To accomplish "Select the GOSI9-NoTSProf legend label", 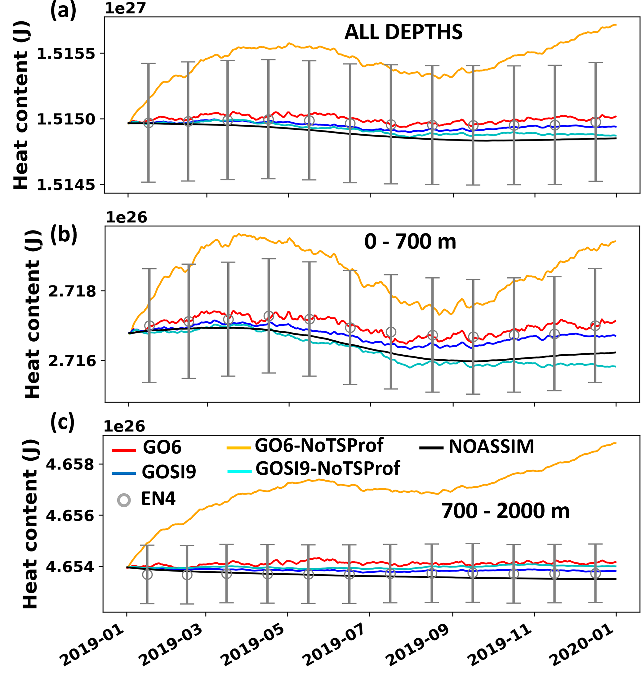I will tap(327, 469).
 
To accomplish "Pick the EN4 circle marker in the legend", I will tap(124, 500).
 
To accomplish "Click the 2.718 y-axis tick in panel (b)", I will tap(72, 292).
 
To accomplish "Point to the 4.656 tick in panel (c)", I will tap(70, 516).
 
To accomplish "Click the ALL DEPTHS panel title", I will tap(403, 33).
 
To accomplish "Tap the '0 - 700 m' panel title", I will tap(410, 242).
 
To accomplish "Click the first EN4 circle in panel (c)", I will tap(147, 574).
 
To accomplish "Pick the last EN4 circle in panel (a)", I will tap(595, 122).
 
